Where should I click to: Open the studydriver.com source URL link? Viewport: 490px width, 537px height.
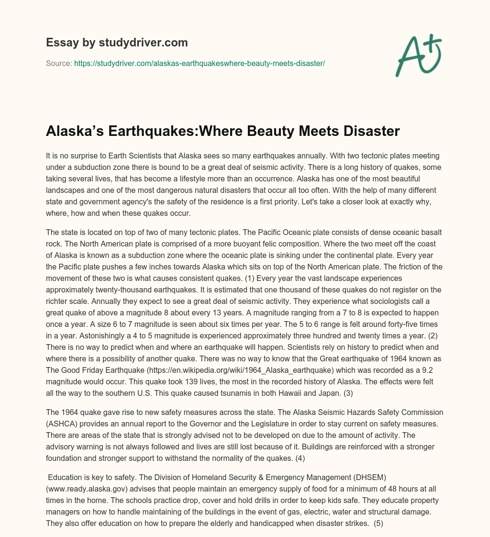click(200, 63)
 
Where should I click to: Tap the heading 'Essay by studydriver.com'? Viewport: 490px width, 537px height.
click(117, 43)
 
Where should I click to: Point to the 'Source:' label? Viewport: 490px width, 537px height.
click(59, 63)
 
